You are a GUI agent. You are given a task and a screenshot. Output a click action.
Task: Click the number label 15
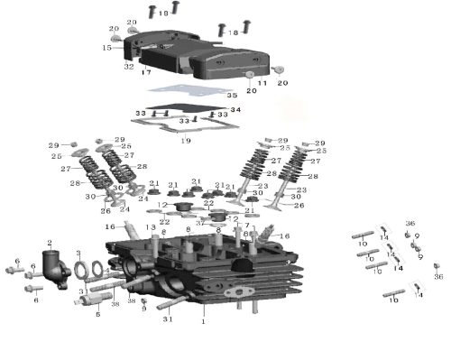coord(106,48)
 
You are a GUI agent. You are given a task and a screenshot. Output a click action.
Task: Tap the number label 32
coord(129,67)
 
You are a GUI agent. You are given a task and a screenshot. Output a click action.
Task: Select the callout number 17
coord(145,72)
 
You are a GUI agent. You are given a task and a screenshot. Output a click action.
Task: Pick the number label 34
coord(236,110)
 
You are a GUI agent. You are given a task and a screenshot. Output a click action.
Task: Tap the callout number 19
coord(186,142)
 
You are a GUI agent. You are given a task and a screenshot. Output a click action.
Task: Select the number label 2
coord(49,243)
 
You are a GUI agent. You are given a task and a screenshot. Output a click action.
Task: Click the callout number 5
coord(97,314)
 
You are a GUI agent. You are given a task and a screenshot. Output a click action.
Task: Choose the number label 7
coord(247,226)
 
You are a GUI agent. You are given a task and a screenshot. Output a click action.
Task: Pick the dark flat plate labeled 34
coord(198,114)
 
